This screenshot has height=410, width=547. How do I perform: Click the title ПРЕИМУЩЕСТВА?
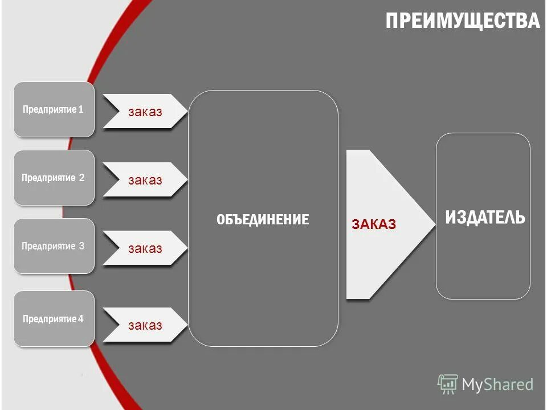click(x=462, y=21)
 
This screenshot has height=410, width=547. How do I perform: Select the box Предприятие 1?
click(x=54, y=109)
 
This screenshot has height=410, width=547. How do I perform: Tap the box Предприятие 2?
click(x=54, y=178)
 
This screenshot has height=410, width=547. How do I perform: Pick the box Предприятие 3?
click(x=54, y=246)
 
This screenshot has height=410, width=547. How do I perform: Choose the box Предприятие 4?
click(x=54, y=319)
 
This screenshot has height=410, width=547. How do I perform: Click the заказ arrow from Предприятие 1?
click(x=145, y=112)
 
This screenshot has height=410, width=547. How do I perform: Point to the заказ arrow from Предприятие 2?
click(x=145, y=180)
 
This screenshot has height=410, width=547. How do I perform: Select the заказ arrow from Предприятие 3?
click(x=145, y=248)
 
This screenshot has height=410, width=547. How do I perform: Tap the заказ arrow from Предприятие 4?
click(x=145, y=326)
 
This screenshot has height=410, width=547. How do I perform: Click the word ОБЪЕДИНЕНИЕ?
click(x=263, y=219)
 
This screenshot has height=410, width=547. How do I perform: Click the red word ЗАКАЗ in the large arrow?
click(x=374, y=224)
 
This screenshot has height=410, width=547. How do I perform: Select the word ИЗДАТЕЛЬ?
click(x=485, y=217)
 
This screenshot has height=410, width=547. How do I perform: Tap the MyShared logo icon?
click(x=447, y=384)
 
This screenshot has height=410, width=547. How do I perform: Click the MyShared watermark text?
click(x=497, y=385)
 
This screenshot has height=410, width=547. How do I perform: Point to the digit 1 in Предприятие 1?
click(x=81, y=109)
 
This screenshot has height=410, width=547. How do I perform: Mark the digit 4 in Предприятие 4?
click(x=81, y=319)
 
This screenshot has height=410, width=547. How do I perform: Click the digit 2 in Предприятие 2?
click(x=81, y=178)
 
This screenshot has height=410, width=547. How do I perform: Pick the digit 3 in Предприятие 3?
click(x=81, y=246)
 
